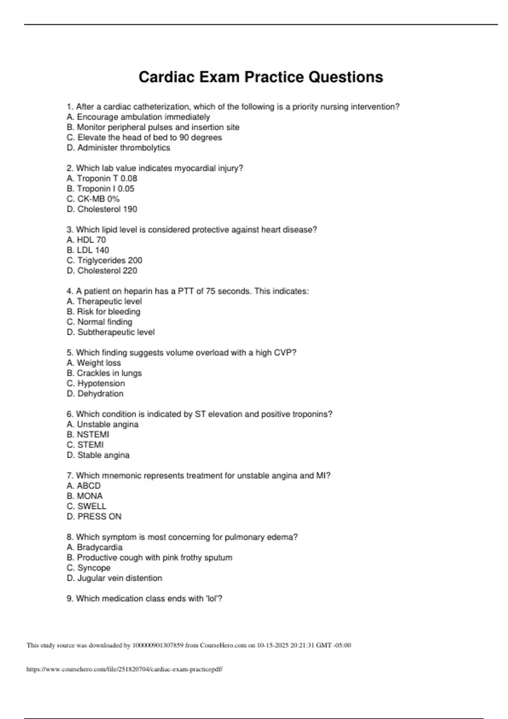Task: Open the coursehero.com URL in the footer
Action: pyautogui.click(x=124, y=670)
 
